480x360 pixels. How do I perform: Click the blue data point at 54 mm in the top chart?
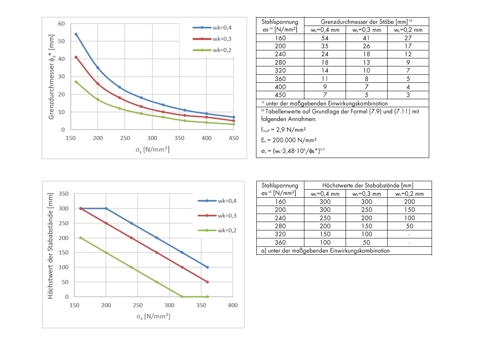click(x=76, y=34)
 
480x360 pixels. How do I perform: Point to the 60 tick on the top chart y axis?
click(x=61, y=24)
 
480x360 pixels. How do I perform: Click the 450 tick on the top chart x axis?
click(x=234, y=138)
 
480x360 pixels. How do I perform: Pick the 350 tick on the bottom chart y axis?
click(x=64, y=194)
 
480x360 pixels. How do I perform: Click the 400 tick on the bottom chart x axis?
click(x=233, y=305)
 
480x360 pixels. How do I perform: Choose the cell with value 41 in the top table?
click(x=366, y=38)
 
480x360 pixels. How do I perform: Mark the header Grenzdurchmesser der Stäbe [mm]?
click(x=366, y=22)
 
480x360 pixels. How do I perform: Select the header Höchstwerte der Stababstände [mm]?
click(x=368, y=185)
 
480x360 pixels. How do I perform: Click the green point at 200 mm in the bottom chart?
click(x=80, y=238)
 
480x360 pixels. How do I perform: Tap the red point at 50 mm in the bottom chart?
click(x=207, y=282)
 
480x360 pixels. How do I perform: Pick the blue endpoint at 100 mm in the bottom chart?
click(x=207, y=267)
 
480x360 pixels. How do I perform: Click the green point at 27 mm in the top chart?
click(x=76, y=82)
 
